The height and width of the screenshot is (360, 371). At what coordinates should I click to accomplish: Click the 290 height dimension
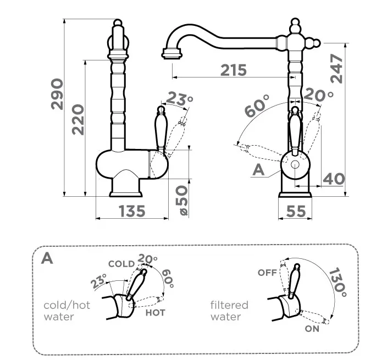(57, 94)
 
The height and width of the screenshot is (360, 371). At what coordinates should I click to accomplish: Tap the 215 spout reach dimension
(234, 70)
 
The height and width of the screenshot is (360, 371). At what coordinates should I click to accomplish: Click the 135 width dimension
(132, 211)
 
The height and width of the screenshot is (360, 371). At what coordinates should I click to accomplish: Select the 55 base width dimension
(296, 211)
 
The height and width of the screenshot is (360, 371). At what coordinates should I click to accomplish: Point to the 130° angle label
(337, 281)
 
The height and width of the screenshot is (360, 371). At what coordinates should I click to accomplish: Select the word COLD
(121, 264)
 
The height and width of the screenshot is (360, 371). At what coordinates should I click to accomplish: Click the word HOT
(156, 312)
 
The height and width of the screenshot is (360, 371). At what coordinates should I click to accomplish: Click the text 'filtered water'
(229, 311)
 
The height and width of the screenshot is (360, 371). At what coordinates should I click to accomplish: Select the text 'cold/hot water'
(67, 311)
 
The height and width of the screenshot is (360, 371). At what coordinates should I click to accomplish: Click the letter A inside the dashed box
(48, 258)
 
